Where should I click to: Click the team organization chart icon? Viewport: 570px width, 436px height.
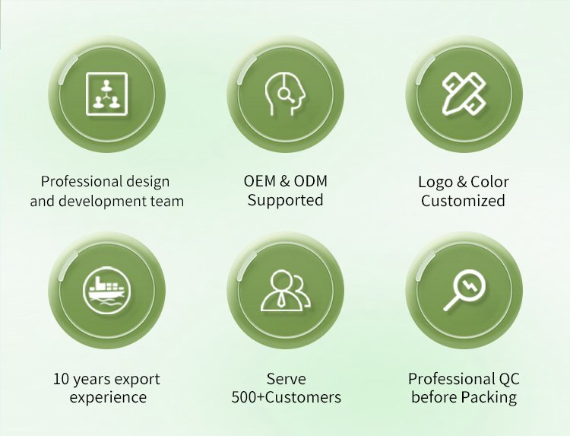click(x=106, y=94)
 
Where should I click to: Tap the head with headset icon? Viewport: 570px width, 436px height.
click(x=285, y=94)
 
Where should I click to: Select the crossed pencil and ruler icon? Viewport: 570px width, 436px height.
click(x=464, y=94)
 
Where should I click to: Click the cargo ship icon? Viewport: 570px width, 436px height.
click(x=106, y=291)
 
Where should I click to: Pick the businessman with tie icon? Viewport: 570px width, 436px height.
click(x=286, y=291)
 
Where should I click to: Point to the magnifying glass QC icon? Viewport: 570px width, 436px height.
click(x=464, y=290)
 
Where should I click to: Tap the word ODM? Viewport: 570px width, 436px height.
click(x=310, y=181)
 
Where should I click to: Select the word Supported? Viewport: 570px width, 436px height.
click(x=285, y=201)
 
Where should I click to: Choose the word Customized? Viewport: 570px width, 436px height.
click(x=463, y=201)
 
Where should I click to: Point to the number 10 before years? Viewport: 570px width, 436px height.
click(x=61, y=379)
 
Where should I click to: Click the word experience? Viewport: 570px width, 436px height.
click(x=109, y=397)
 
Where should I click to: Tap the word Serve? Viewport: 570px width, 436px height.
click(x=286, y=379)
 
